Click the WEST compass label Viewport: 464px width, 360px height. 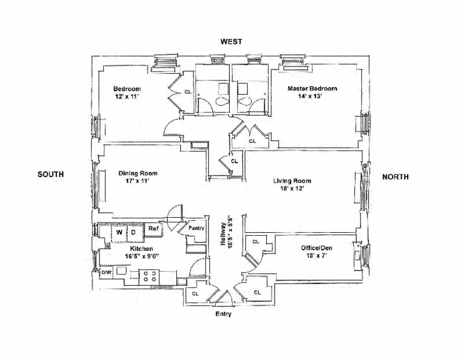pos(231,41)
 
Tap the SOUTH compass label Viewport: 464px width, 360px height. pos(50,175)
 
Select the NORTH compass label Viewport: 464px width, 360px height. pos(396,176)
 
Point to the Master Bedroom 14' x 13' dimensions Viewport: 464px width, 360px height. pos(311,96)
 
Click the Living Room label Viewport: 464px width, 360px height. pos(292,181)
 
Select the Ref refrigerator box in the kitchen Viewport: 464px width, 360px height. pos(153,229)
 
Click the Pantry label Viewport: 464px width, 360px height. pos(196,228)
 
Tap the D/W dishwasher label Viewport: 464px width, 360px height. pos(106,273)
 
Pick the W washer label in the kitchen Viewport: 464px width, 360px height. pos(119,231)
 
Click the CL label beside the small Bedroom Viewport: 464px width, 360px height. pos(188,92)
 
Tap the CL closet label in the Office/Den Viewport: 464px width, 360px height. pos(255,242)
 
